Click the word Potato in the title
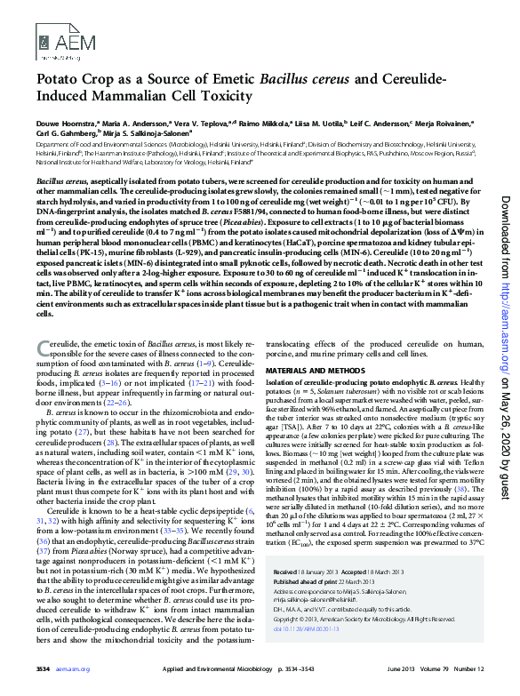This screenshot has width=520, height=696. pos(60,81)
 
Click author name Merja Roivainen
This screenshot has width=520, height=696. pos(443,124)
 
